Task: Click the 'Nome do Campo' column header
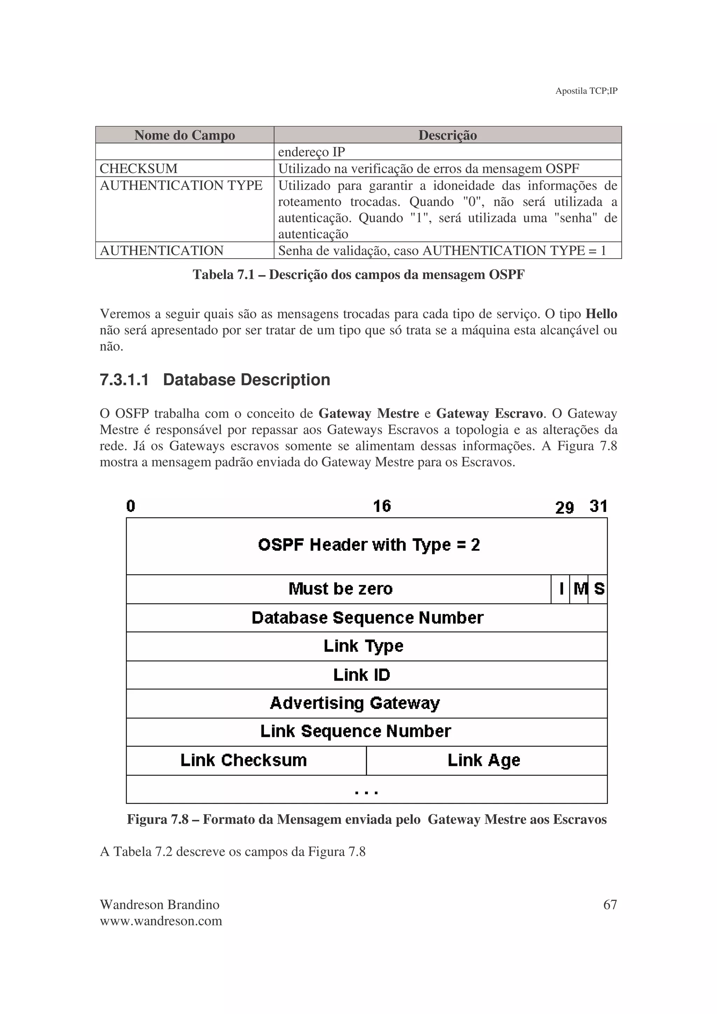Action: point(185,135)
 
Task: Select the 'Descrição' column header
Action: point(447,135)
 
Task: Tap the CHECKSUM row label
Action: point(139,168)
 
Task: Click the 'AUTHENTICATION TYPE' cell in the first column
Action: point(181,185)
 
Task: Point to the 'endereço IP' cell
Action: point(312,152)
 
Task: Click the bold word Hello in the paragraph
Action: point(601,314)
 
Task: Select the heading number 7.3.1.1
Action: point(124,380)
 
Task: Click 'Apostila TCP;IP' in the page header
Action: point(586,91)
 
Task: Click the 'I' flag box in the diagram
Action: point(561,589)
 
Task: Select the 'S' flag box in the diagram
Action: point(599,589)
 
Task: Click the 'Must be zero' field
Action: point(340,589)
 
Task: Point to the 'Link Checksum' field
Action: point(243,760)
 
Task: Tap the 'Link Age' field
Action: point(484,760)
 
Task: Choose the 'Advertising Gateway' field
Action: point(355,703)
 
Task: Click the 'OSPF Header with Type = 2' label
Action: point(369,545)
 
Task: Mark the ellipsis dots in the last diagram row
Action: point(366,793)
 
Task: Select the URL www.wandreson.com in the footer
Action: point(161,921)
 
